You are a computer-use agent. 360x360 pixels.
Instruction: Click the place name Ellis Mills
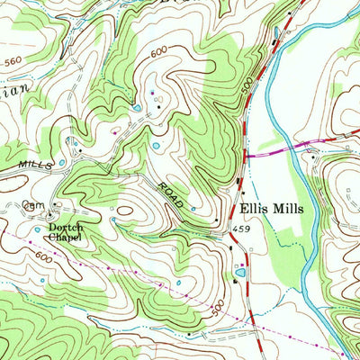coord(272,207)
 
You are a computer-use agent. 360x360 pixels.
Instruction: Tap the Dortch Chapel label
coord(66,232)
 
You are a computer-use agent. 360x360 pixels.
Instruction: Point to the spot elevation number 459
coord(236,229)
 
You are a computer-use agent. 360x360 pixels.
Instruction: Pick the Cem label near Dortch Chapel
coord(35,207)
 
